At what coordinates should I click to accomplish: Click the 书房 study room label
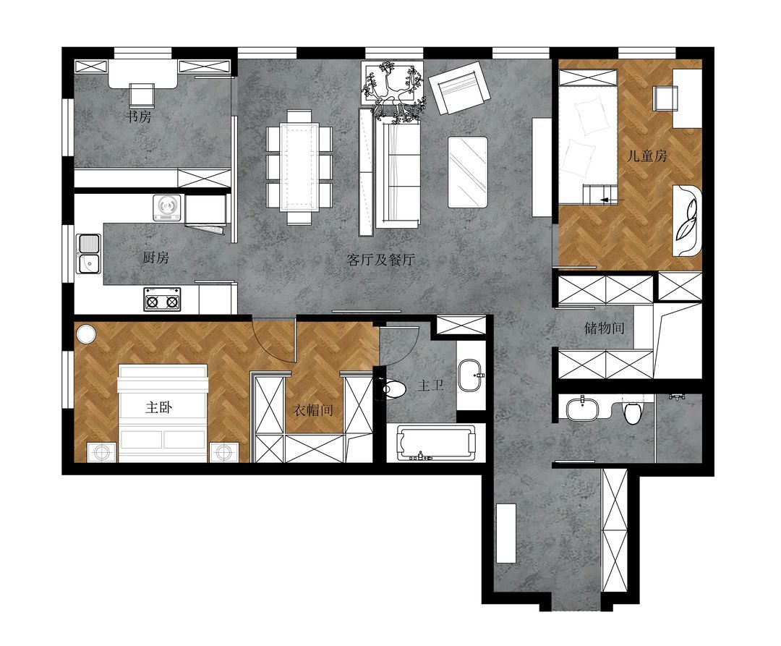click(138, 117)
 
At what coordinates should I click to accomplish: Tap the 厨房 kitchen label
click(156, 258)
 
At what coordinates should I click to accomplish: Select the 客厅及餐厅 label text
click(380, 260)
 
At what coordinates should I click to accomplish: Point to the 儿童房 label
click(646, 156)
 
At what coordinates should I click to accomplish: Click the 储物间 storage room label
click(604, 328)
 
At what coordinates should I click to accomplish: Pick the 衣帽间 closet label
click(312, 410)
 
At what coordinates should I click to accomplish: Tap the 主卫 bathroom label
click(430, 386)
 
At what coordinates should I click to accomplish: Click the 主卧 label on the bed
click(159, 407)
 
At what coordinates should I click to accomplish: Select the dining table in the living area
click(299, 167)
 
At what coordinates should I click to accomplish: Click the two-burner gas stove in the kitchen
click(162, 299)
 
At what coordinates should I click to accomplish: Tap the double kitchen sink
click(89, 254)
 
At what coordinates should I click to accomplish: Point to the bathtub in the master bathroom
click(435, 442)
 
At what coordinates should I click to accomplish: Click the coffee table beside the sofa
click(468, 172)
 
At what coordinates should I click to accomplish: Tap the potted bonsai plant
click(394, 92)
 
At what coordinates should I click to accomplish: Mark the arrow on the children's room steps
click(612, 200)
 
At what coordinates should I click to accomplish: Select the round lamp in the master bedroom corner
click(85, 333)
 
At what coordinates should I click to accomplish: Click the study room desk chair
click(142, 95)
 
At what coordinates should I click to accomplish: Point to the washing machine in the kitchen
click(167, 208)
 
